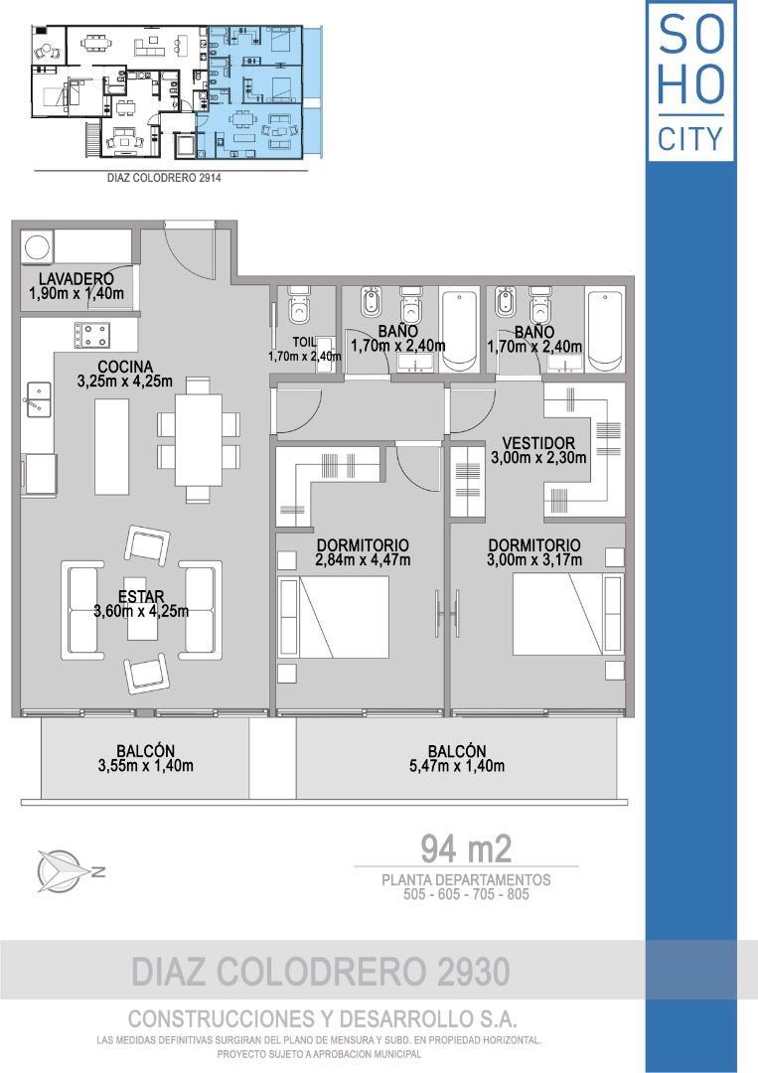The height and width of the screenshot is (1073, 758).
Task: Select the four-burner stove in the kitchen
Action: click(x=89, y=335)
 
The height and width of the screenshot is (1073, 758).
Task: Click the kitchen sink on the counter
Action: click(x=37, y=400)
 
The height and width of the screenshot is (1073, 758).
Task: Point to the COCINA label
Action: click(x=124, y=366)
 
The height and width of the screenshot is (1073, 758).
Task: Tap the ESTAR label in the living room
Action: click(x=141, y=596)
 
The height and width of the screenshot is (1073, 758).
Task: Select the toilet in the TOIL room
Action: click(x=298, y=307)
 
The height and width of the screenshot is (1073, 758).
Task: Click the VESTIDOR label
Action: click(x=538, y=443)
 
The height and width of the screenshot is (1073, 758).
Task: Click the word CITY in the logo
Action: click(x=691, y=139)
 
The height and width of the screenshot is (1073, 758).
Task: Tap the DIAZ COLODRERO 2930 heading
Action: click(x=321, y=971)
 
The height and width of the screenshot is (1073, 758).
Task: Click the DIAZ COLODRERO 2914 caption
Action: click(x=163, y=179)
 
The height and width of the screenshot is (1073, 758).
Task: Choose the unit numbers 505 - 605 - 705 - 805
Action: click(x=466, y=894)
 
